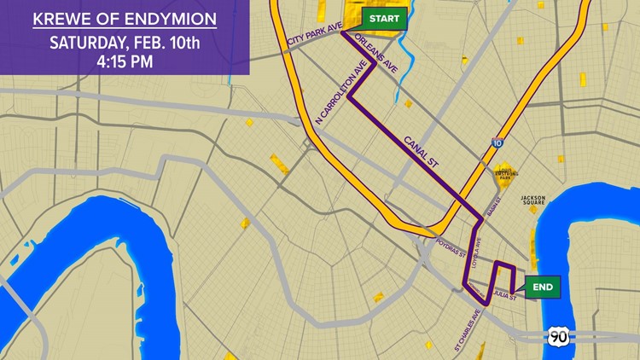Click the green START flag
tap(384, 18)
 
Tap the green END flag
tap(542, 287)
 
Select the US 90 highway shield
tap(558, 335)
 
